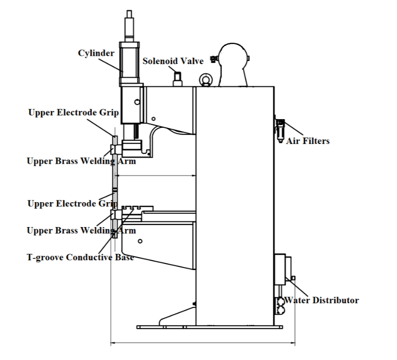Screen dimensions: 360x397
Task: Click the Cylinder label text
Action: [x=96, y=54]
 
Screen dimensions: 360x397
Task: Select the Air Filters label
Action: [x=308, y=141]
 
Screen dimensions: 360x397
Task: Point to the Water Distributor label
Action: [x=321, y=300]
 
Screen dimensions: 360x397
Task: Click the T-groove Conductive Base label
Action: [x=80, y=258]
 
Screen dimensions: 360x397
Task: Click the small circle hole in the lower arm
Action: [x=140, y=241]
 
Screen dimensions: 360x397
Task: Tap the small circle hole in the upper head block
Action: [x=137, y=102]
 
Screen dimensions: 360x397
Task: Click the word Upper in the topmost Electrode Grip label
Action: [x=40, y=112]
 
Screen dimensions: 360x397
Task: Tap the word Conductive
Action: [x=89, y=258]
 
